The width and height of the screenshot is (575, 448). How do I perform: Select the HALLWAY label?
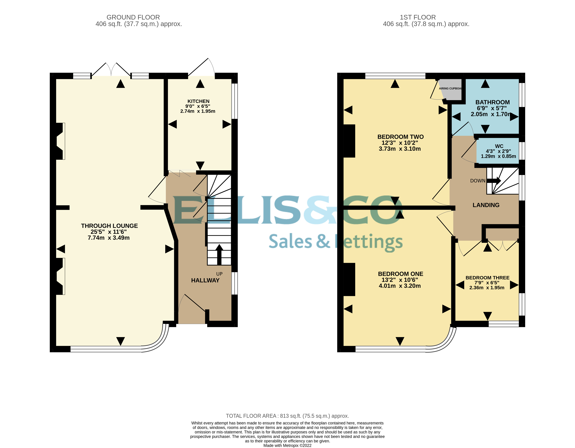click(205, 280)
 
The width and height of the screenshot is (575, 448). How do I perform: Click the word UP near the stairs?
click(219, 274)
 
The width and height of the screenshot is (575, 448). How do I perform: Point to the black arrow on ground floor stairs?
click(219, 254)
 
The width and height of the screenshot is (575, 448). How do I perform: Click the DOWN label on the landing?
click(478, 181)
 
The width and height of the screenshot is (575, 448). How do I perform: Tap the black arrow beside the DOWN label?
click(494, 181)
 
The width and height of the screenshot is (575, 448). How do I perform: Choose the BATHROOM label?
click(492, 102)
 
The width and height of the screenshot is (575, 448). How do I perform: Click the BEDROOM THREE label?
click(487, 278)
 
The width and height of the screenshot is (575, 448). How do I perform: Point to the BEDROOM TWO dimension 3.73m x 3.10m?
click(400, 149)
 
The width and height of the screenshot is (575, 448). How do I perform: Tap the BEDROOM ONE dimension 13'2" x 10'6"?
click(400, 280)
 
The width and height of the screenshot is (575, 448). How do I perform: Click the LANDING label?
click(486, 205)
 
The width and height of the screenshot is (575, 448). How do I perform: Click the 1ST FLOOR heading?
click(418, 17)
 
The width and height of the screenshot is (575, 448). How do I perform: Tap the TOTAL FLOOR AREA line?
click(287, 416)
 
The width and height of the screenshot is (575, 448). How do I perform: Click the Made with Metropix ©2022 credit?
click(287, 445)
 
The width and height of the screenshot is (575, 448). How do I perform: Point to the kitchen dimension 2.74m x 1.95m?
click(198, 111)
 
